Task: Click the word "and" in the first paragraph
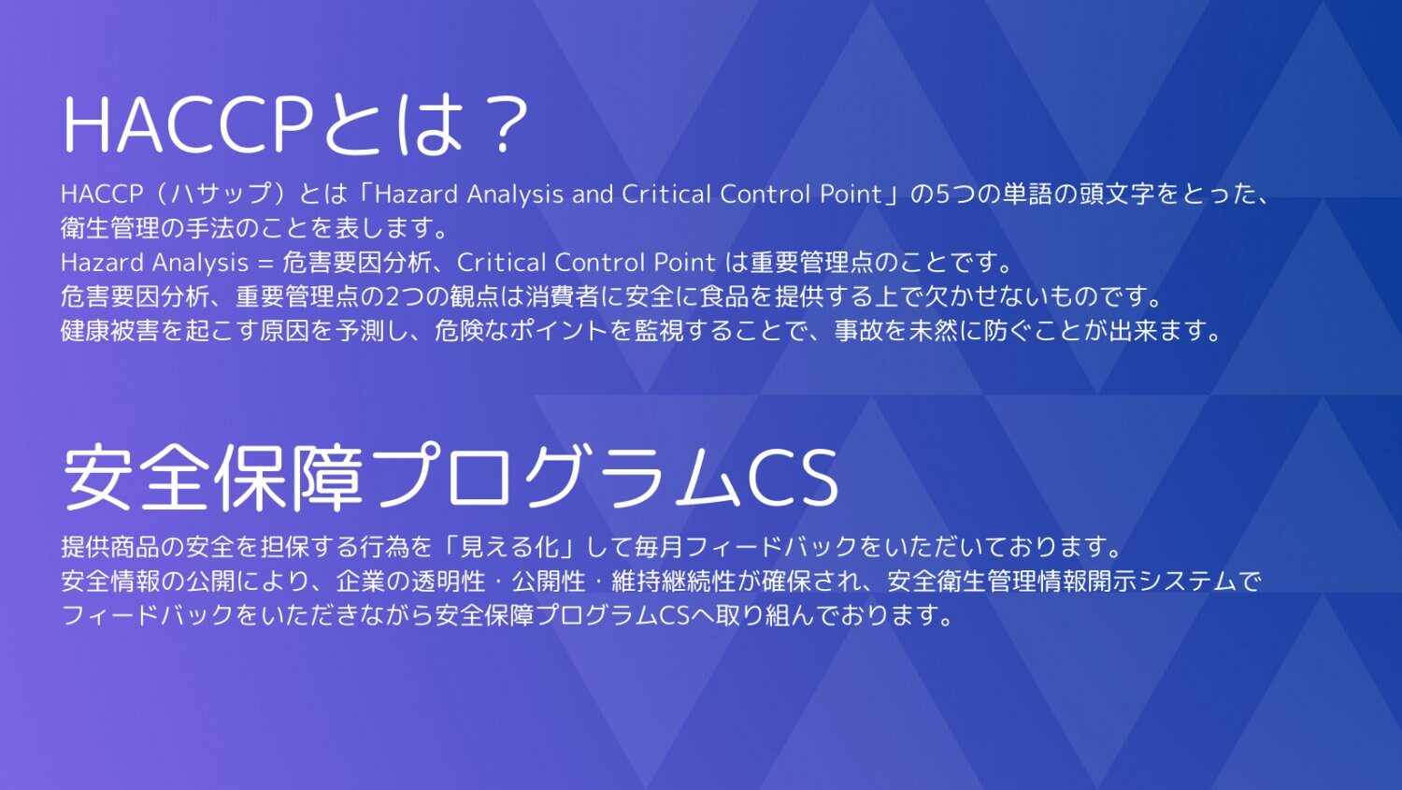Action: (593, 194)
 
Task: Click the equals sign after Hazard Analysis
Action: (265, 263)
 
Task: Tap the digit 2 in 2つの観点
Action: (393, 297)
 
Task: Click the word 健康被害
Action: (110, 331)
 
